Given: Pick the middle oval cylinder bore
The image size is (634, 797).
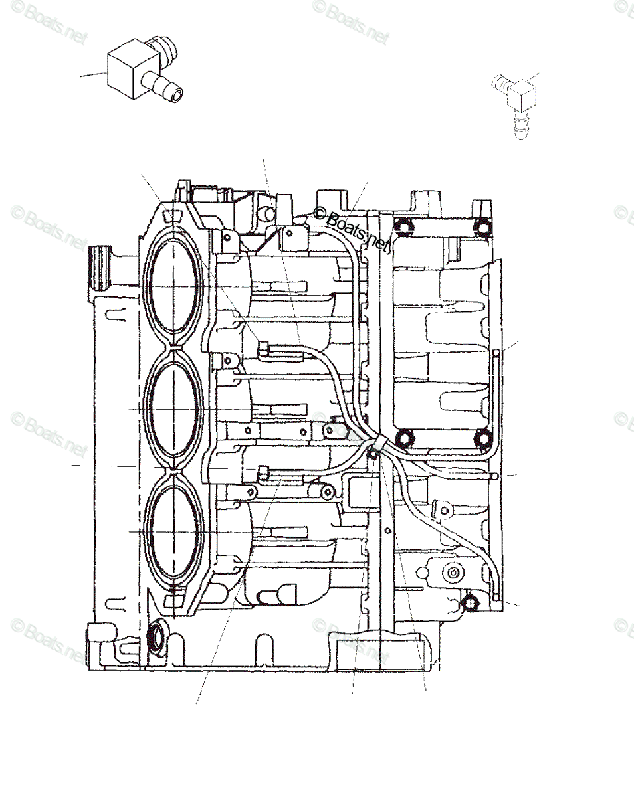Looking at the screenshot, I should click(175, 406).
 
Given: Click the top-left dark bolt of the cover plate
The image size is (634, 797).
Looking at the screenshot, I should click(405, 228).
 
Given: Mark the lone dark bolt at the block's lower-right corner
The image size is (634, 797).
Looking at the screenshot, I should click(470, 603).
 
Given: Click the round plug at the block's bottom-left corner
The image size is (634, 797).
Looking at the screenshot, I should click(157, 636).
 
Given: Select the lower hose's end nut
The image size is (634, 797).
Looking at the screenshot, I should click(263, 473).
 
